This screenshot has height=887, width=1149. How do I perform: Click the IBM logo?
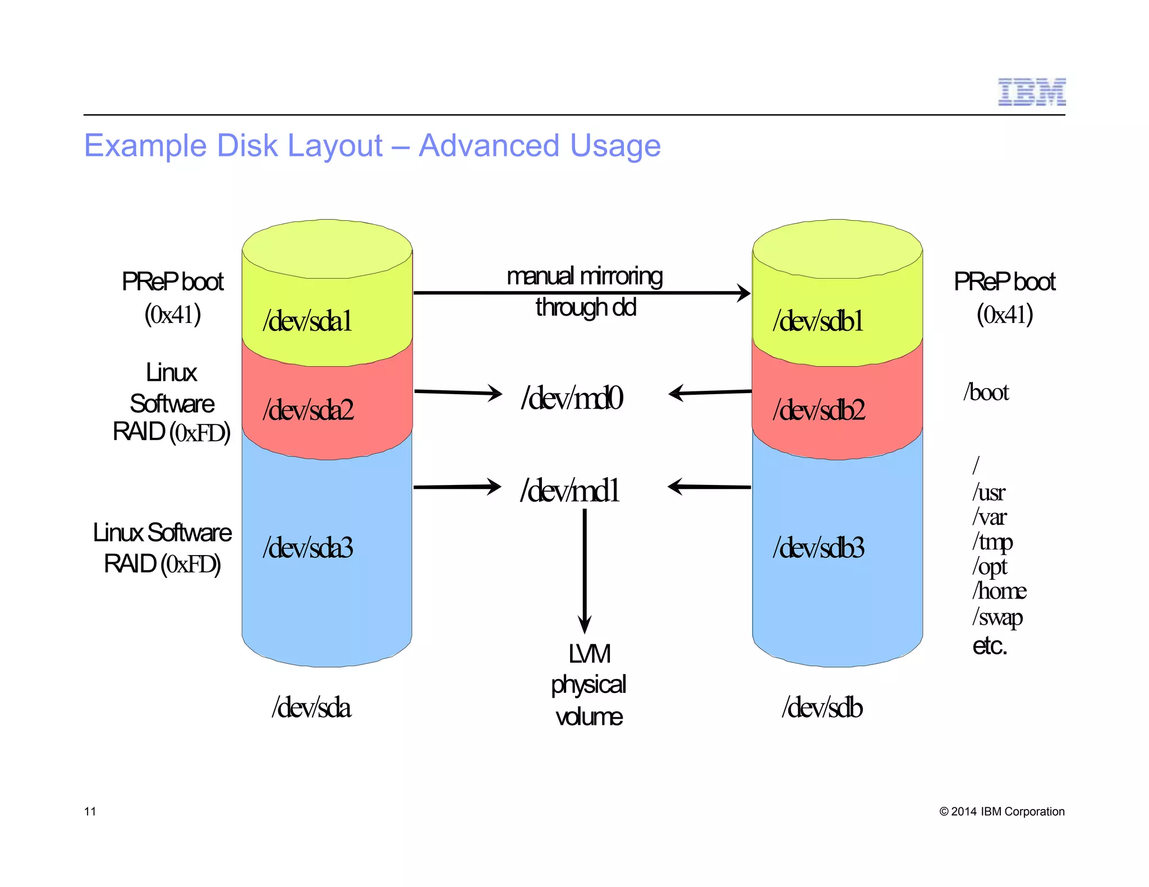coord(1031,93)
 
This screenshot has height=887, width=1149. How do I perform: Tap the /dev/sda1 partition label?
coord(307,322)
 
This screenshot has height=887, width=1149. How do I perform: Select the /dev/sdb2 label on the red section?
coord(819,410)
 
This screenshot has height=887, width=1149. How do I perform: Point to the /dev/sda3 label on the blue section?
coord(308,548)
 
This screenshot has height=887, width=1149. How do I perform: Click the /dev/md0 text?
coord(572,398)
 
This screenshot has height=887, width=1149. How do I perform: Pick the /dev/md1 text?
coord(570,491)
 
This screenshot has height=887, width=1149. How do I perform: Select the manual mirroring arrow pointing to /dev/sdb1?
coord(581,293)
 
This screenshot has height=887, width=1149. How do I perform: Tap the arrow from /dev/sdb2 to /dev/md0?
coord(710,392)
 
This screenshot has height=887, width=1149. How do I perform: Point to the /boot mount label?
coord(986,392)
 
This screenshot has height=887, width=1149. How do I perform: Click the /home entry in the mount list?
coord(999,591)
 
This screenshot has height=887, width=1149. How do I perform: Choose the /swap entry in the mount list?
coord(997,617)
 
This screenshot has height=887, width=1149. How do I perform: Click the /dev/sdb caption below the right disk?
coord(822,708)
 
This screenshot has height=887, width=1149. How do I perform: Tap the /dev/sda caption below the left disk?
coord(311,708)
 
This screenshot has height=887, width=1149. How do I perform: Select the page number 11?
coord(90,811)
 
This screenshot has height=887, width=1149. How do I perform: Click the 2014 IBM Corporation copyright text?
coord(1001,811)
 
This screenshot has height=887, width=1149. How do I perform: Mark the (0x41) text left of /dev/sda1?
coord(172,315)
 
